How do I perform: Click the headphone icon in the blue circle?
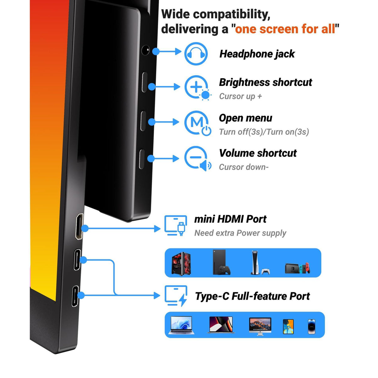196,54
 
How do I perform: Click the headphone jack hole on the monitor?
145,50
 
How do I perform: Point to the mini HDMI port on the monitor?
79,226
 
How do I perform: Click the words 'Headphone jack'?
257,54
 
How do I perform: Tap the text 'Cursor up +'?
240,96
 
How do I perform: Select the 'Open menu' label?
245,118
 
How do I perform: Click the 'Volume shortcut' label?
258,153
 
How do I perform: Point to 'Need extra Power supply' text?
240,233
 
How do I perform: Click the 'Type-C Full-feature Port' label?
252,296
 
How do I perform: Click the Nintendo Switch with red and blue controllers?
297,268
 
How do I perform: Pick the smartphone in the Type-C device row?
312,326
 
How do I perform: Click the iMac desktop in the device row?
260,326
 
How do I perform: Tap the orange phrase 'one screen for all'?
285,29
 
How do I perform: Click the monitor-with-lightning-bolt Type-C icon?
176,296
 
